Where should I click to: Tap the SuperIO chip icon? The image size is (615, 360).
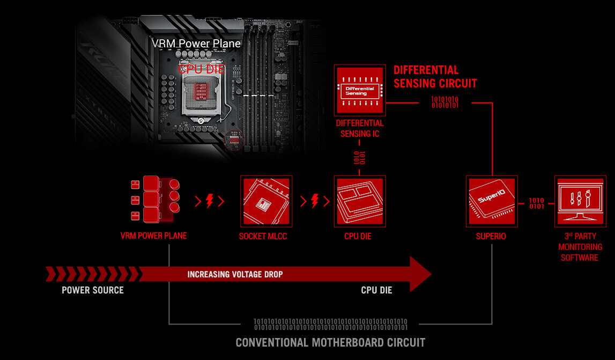tap(492, 201)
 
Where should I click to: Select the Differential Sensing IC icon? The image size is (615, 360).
tap(360, 90)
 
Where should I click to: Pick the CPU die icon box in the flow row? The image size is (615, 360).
tap(360, 201)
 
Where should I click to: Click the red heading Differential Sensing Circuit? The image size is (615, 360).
tap(435, 77)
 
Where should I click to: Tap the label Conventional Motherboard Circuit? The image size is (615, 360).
tap(330, 342)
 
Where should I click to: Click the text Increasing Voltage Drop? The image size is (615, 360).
tap(235, 274)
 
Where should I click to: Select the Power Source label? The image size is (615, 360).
tap(93, 290)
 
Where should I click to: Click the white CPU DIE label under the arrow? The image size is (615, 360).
tap(376, 290)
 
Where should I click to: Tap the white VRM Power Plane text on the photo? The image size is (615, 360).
tap(196, 43)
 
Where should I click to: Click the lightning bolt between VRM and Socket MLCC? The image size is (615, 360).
tap(210, 201)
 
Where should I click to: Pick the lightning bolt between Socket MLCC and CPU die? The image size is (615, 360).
tap(315, 201)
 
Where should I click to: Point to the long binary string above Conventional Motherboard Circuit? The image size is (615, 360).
tap(330, 324)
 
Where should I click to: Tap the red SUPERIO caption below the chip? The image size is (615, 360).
tap(492, 236)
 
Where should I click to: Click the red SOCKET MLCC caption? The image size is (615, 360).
tap(263, 236)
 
